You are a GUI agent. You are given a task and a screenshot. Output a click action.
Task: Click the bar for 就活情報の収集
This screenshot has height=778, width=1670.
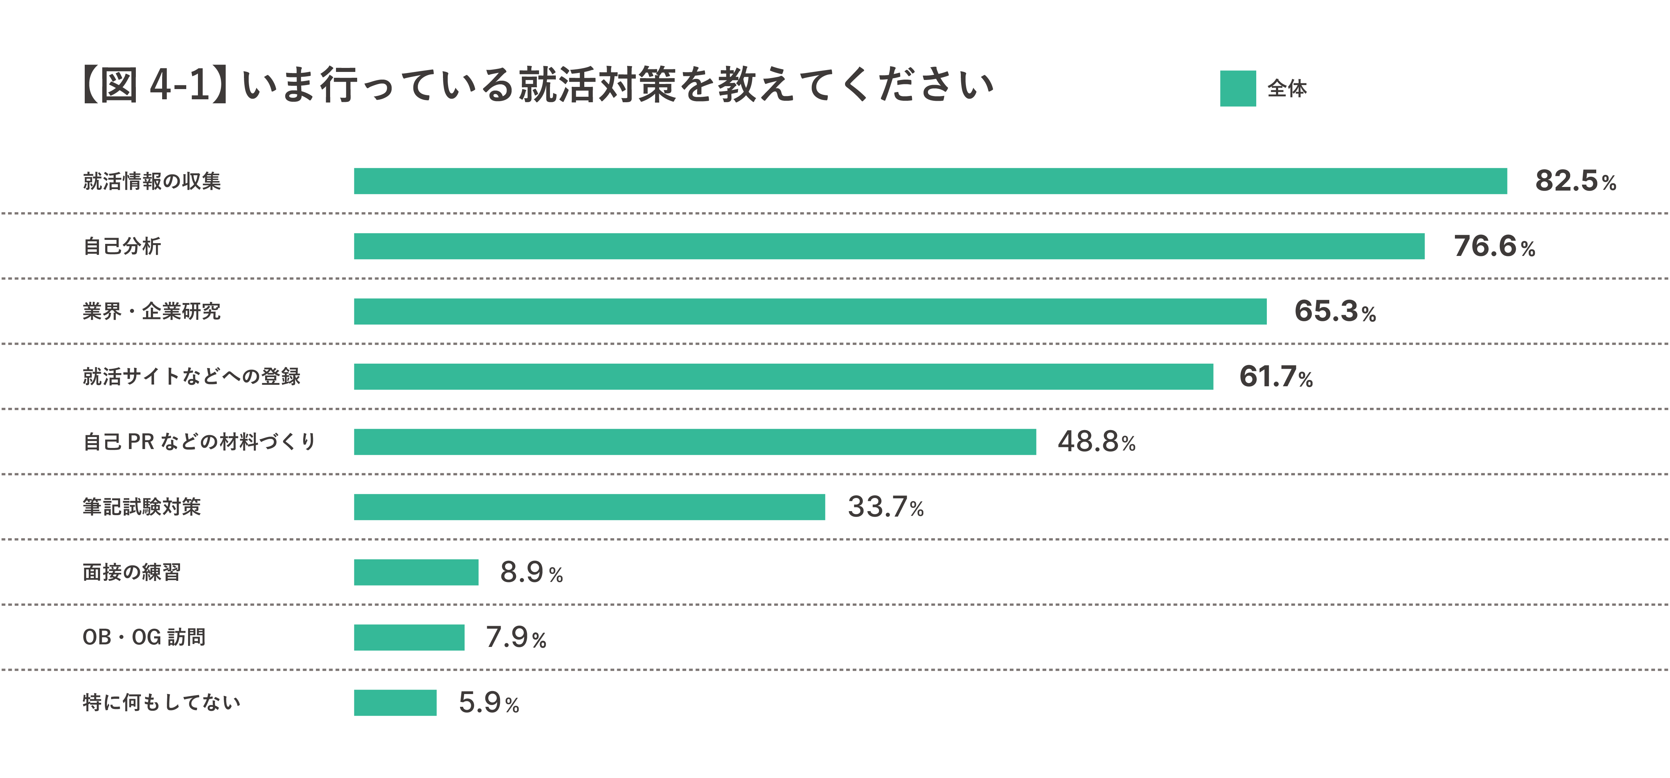tap(930, 181)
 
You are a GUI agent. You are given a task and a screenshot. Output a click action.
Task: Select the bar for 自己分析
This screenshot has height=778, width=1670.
tap(889, 246)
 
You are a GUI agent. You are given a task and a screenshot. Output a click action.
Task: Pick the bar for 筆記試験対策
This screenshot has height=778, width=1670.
tap(589, 507)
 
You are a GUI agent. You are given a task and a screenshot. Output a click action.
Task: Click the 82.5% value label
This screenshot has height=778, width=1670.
tap(1575, 181)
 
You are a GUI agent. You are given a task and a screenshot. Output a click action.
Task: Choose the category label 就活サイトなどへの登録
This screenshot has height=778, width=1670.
tap(191, 377)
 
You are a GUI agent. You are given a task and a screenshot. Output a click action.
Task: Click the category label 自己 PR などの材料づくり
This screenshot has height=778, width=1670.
tap(199, 442)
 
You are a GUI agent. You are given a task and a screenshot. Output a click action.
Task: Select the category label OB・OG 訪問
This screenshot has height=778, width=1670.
tap(144, 638)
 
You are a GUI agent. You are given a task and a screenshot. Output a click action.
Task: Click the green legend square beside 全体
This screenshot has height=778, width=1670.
tap(1238, 88)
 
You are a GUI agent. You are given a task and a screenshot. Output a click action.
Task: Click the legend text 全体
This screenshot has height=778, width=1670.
tap(1287, 88)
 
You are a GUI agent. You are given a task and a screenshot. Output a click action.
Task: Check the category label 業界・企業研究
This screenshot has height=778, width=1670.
tap(152, 311)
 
